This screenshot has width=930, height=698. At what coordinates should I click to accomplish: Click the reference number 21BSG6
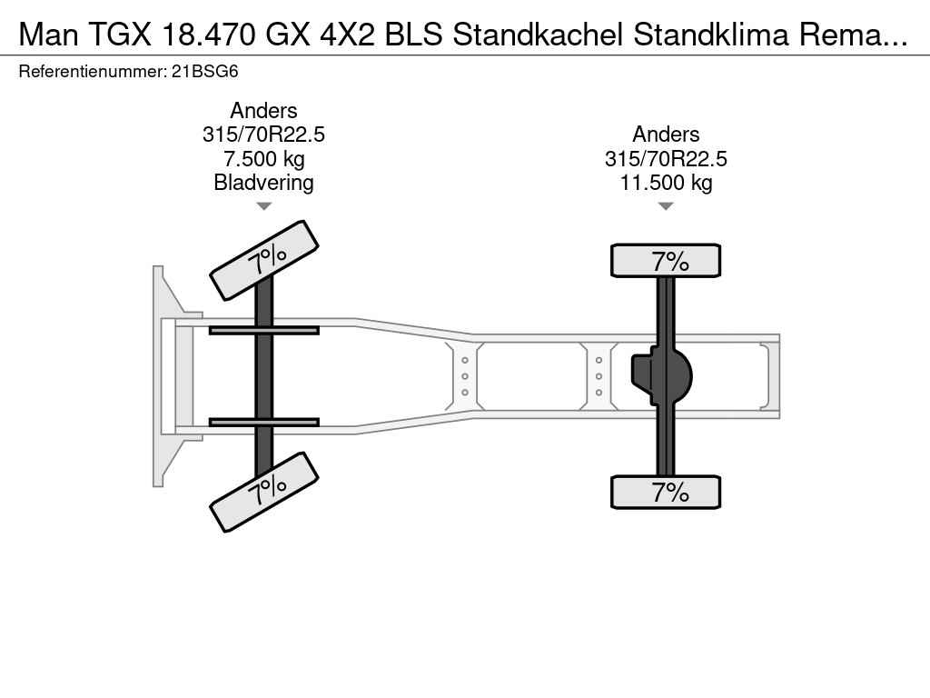pyautogui.click(x=204, y=72)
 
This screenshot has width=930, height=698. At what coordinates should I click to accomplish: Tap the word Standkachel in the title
pyautogui.click(x=538, y=35)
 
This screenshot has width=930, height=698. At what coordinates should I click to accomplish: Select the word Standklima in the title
pyautogui.click(x=711, y=35)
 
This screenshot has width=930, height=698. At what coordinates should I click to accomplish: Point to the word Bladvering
pyautogui.click(x=263, y=182)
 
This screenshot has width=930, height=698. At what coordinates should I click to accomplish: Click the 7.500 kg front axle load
pyautogui.click(x=264, y=158)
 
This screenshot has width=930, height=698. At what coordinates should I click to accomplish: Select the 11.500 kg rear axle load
pyautogui.click(x=666, y=182)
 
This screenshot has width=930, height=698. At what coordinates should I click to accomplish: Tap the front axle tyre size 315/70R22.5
pyautogui.click(x=264, y=135)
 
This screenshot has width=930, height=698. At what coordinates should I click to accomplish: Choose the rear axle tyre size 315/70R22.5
pyautogui.click(x=666, y=158)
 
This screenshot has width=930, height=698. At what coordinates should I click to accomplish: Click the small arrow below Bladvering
pyautogui.click(x=264, y=206)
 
